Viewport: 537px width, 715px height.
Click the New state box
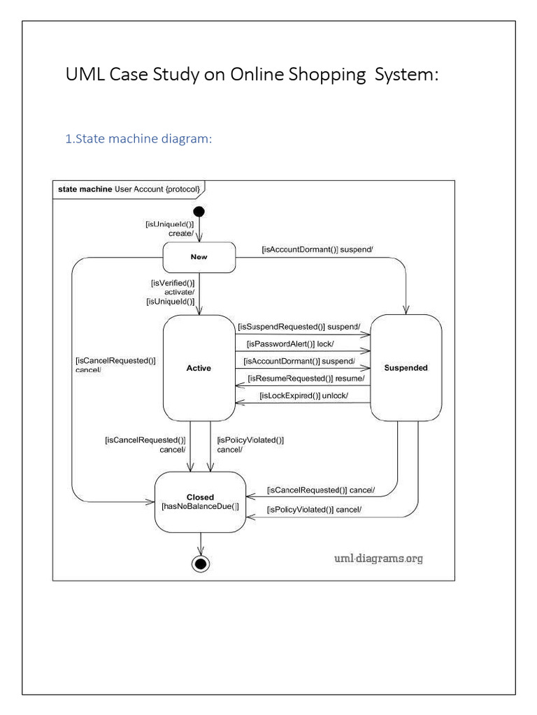pyautogui.click(x=199, y=257)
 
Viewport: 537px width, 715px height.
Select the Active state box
pyautogui.click(x=199, y=367)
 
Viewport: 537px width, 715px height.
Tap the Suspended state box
pyautogui.click(x=406, y=367)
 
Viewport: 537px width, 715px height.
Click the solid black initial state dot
pyautogui.click(x=199, y=212)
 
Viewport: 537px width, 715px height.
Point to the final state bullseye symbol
pyautogui.click(x=201, y=563)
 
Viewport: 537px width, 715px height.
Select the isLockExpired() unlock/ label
pyautogui.click(x=303, y=396)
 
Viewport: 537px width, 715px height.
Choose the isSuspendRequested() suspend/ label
pyautogui.click(x=299, y=326)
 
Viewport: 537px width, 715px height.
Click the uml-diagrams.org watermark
pyautogui.click(x=378, y=558)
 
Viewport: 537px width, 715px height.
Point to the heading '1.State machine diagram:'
pyautogui.click(x=138, y=139)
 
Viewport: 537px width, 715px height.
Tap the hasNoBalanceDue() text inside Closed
pyautogui.click(x=200, y=506)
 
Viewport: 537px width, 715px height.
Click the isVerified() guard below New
pyautogui.click(x=173, y=283)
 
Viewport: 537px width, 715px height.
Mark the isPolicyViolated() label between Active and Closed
pyautogui.click(x=250, y=441)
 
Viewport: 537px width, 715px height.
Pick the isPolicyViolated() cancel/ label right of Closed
pyautogui.click(x=314, y=509)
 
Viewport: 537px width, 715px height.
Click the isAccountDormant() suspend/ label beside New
pyautogui.click(x=317, y=249)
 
